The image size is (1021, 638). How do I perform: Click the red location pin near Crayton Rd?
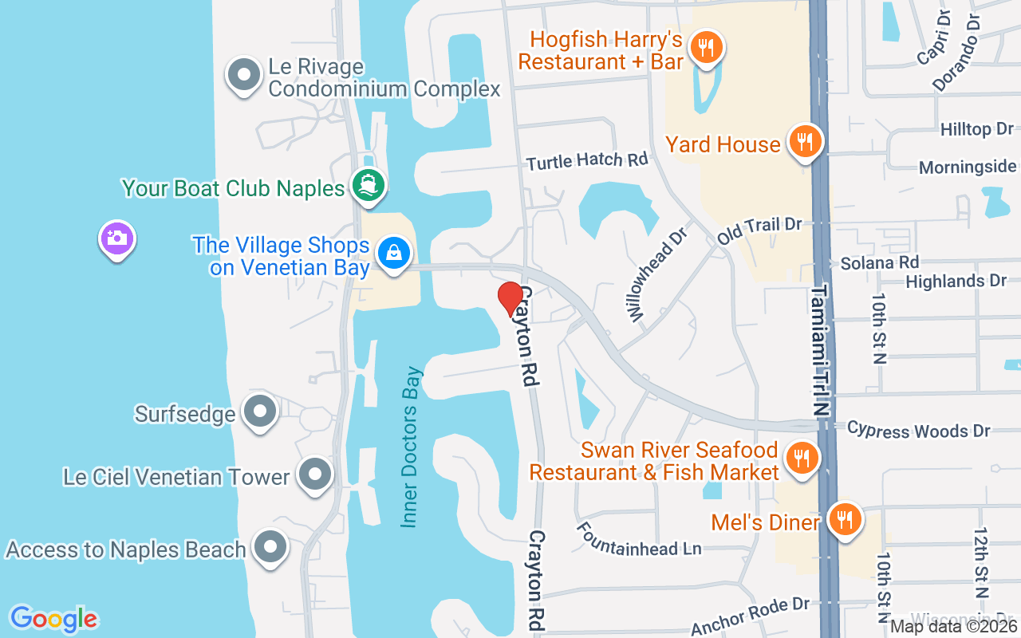tap(510, 298)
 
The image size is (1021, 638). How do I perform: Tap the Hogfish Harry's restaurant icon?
tap(706, 46)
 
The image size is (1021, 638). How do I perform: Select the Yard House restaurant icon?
tap(805, 142)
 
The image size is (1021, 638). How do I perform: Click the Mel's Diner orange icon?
tap(843, 519)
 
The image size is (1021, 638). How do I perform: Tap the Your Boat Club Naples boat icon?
tap(369, 185)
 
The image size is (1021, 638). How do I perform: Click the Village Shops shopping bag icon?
tap(393, 254)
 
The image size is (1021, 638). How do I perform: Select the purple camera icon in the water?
tap(117, 238)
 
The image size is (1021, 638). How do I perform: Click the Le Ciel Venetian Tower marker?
tap(315, 475)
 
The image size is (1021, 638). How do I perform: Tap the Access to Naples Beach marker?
tap(270, 548)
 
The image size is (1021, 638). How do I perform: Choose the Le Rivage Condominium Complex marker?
tap(244, 76)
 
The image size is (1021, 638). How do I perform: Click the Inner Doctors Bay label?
tap(410, 447)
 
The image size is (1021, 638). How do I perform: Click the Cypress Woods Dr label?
tap(918, 430)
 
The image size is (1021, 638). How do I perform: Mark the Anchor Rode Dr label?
tap(750, 616)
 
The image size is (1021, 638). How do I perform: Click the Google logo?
tap(53, 618)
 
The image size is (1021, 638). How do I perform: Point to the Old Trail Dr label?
tap(759, 229)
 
